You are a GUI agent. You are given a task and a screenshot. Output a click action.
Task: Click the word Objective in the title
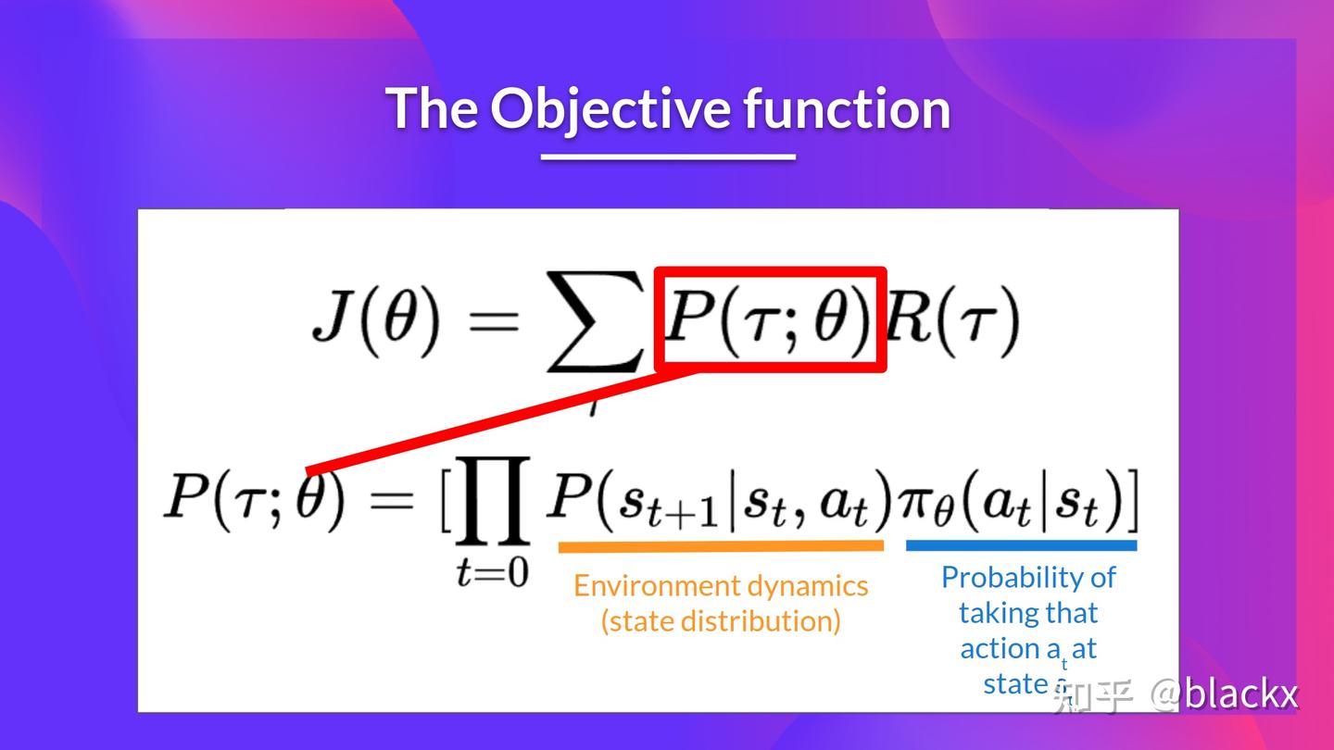pos(610,108)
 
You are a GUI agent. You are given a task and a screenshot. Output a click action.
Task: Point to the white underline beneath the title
pos(668,156)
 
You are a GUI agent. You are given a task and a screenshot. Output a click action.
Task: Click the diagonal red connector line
pos(500,421)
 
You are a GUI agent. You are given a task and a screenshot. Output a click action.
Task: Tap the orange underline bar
pos(721,546)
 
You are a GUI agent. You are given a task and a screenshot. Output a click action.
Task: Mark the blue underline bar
pos(1021,545)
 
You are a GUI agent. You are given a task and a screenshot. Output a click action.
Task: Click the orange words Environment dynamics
pos(721,585)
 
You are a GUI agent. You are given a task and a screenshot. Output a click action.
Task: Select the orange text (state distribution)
pos(721,620)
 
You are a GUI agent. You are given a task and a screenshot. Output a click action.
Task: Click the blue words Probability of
pos(1028,577)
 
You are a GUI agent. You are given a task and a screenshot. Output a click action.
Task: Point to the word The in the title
pos(432,108)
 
